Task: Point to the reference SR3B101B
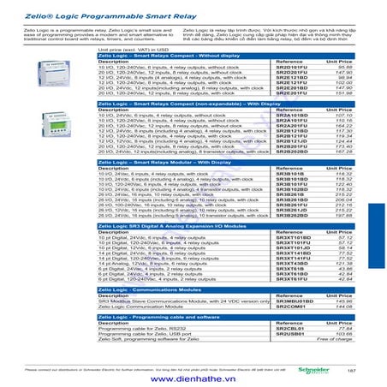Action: pyautogui.click(x=290, y=172)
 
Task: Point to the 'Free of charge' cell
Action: pyautogui.click(x=334, y=338)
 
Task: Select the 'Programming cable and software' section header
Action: pyautogui.click(x=164, y=316)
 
